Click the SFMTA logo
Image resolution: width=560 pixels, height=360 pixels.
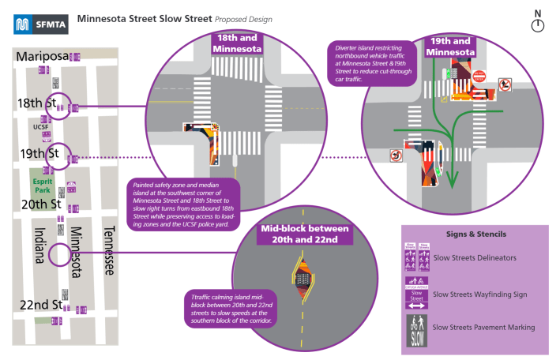click(40, 23)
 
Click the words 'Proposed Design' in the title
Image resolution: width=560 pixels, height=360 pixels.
click(245, 17)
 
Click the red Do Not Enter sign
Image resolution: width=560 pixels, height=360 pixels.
click(481, 77)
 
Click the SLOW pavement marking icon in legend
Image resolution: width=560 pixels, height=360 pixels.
click(417, 328)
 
